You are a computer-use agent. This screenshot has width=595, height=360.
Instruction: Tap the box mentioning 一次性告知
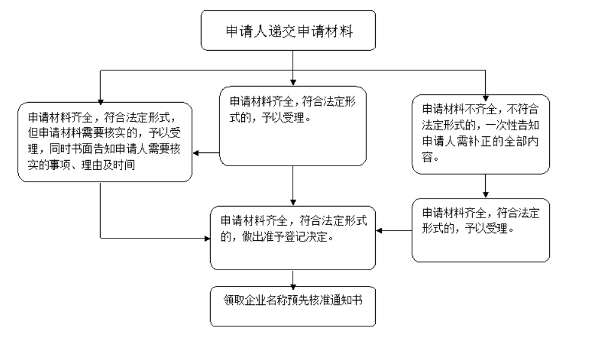480,134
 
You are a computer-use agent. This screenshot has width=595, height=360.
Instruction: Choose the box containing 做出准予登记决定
293,238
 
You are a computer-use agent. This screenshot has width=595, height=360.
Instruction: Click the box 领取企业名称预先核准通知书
293,306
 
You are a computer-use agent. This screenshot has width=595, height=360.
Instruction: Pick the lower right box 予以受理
480,230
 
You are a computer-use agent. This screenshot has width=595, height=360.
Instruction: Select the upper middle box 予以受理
293,125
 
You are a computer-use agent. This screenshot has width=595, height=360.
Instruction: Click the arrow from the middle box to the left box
206,153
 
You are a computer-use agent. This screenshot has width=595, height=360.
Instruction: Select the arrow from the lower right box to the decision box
394,231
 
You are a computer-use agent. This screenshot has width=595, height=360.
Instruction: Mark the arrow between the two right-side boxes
486,186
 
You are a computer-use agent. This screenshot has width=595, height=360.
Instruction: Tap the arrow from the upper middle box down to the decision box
293,186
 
